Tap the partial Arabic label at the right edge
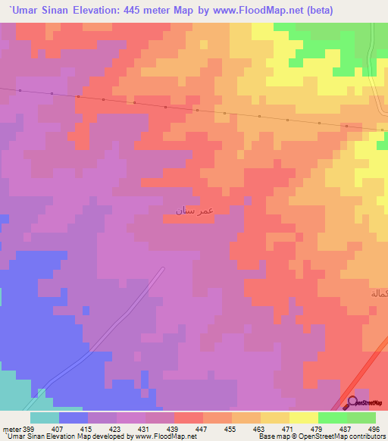coord(378,292)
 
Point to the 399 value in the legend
coord(27,429)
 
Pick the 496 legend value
coord(373,429)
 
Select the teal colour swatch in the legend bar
coord(45,418)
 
